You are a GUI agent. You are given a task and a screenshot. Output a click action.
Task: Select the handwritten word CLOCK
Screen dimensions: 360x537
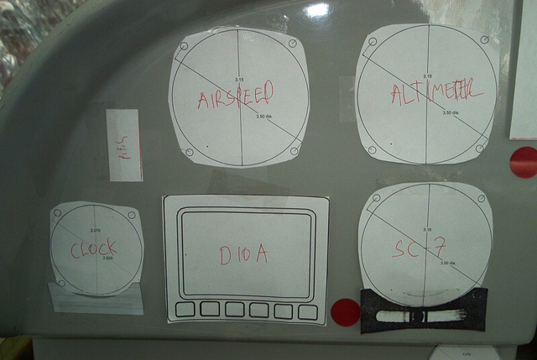pyautogui.click(x=93, y=248)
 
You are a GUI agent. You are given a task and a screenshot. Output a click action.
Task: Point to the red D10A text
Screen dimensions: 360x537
pyautogui.click(x=243, y=255)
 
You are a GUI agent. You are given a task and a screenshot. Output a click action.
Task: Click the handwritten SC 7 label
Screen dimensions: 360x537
pyautogui.click(x=419, y=248)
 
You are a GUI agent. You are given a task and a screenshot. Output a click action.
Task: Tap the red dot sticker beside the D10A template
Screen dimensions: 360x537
pyautogui.click(x=345, y=312)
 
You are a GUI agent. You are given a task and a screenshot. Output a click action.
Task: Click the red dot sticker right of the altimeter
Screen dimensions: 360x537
pyautogui.click(x=524, y=161)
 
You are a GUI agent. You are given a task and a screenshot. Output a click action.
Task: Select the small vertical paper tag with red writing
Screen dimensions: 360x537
pyautogui.click(x=125, y=145)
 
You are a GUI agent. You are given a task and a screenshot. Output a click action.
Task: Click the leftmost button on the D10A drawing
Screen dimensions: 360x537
pyautogui.click(x=185, y=310)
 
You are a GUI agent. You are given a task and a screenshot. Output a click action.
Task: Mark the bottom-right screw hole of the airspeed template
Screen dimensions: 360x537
pyautogui.click(x=295, y=151)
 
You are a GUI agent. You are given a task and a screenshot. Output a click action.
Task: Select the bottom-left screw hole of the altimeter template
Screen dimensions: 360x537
pyautogui.click(x=372, y=149)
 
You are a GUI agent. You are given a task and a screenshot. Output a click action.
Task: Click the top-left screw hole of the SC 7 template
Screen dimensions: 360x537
pyautogui.click(x=375, y=198)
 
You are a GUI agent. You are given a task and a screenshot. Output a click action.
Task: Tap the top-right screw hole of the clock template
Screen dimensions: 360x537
pyautogui.click(x=132, y=216)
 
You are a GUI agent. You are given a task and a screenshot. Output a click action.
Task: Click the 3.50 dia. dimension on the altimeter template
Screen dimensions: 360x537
pyautogui.click(x=451, y=112)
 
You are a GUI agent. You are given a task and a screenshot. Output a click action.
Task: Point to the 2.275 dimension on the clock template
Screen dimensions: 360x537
pyautogui.click(x=96, y=230)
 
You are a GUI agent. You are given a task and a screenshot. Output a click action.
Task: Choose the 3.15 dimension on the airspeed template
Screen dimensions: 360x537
pyautogui.click(x=239, y=80)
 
